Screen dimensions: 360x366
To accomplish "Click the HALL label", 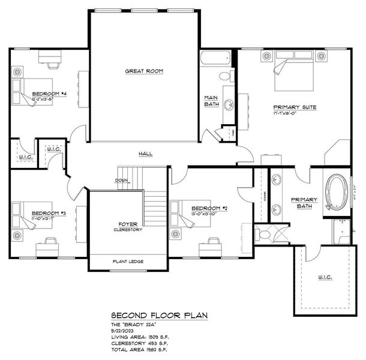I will tap(145, 154).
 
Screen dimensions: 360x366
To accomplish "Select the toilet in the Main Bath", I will tap(226, 76).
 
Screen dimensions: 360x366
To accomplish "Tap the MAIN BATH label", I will tap(211, 101).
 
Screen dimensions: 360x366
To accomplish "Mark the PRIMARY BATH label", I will tap(304, 203).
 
